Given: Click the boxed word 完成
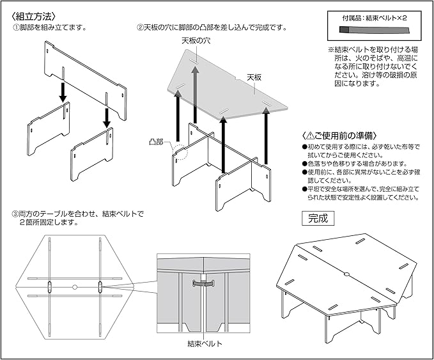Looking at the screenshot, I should [x=318, y=217].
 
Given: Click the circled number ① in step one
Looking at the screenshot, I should [x=15, y=28].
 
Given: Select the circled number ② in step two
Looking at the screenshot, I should [x=141, y=28].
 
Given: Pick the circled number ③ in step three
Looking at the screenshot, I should [x=15, y=213].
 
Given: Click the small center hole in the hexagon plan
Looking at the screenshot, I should [x=75, y=286].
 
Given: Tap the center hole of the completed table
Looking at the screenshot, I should [x=346, y=274].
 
